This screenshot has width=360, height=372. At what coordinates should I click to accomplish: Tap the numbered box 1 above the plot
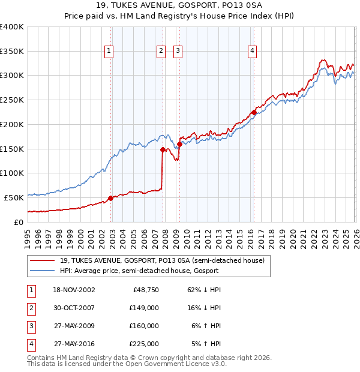coord(109,52)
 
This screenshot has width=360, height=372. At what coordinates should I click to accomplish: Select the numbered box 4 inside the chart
coord(253,52)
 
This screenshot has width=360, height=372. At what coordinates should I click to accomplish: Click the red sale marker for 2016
coord(254,112)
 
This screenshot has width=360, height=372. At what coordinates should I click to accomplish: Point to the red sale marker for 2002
coord(110,198)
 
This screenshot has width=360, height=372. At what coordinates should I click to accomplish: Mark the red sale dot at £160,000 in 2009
coord(180,144)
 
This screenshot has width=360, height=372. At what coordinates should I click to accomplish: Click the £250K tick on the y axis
coord(12,100)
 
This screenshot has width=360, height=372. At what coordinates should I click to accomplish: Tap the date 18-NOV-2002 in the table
coord(74,289)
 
